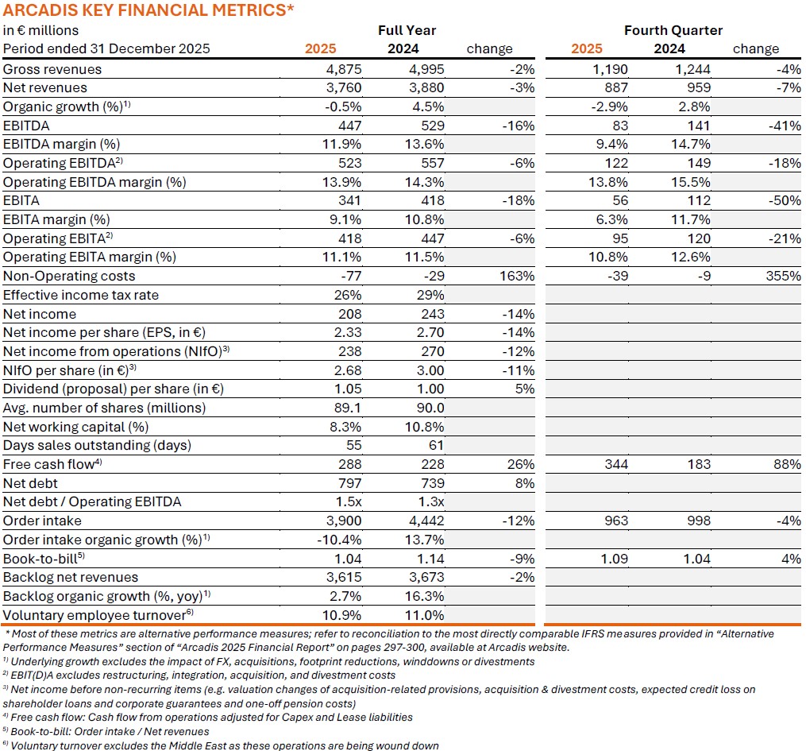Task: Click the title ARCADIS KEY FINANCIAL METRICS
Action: point(148,10)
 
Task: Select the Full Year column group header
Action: point(407,30)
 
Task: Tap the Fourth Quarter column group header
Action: point(673,30)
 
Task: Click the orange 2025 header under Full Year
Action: point(321,49)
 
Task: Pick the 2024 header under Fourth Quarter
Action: point(669,49)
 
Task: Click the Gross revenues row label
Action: point(52,69)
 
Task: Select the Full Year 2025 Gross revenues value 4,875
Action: point(344,69)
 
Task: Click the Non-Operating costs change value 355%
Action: point(783,277)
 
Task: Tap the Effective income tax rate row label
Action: point(81,296)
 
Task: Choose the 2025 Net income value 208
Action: point(349,314)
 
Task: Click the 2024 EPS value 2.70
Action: point(430,333)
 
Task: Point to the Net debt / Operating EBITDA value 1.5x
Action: point(347,502)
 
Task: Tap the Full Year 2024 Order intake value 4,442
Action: point(426,521)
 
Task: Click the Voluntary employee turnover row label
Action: point(96,615)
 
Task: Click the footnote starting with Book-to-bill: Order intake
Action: point(107,731)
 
